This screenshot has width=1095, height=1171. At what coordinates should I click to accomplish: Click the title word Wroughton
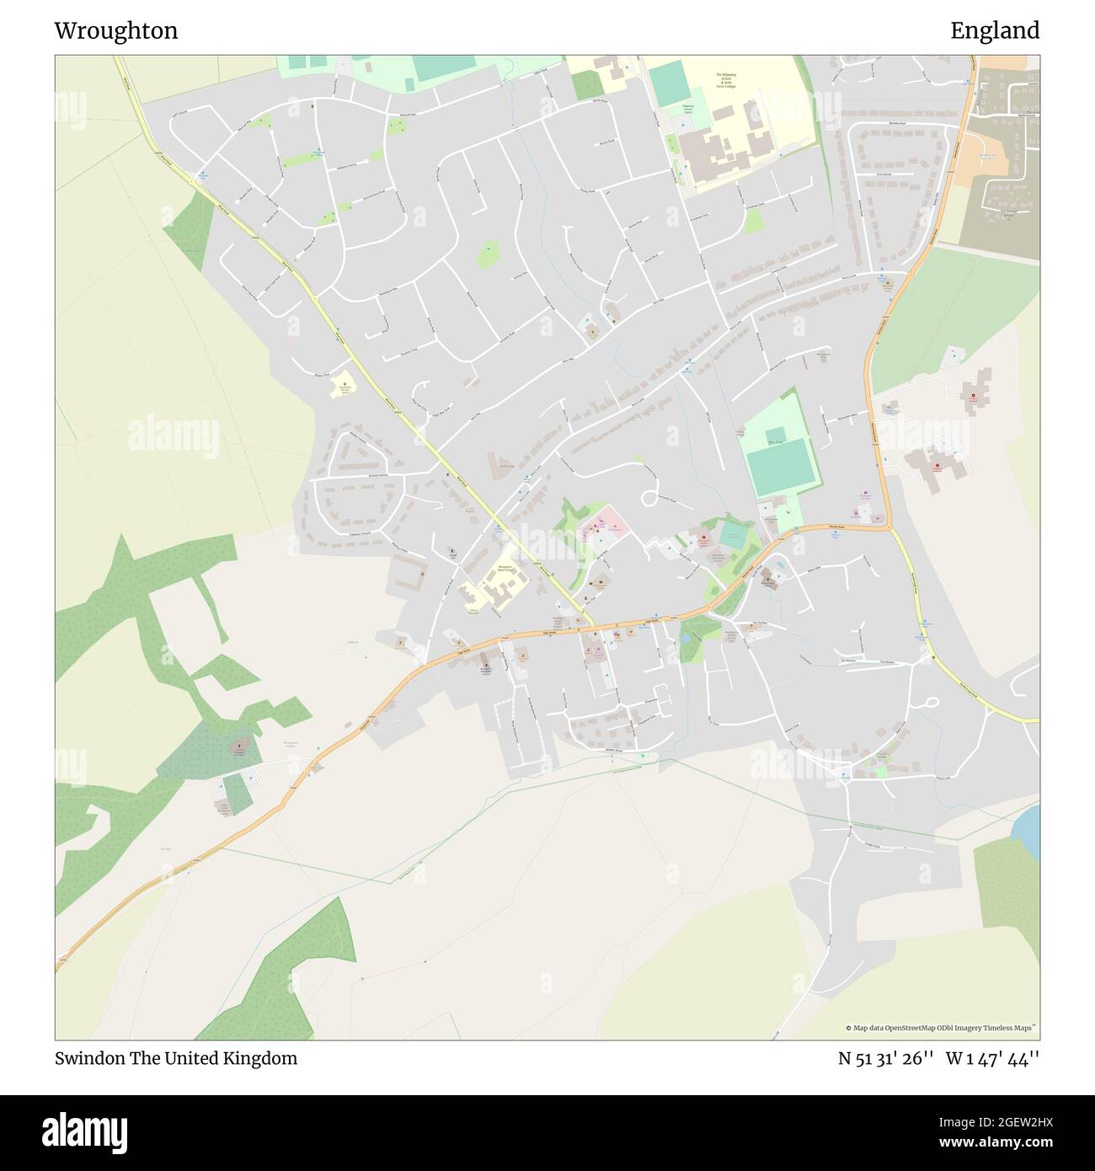pyautogui.click(x=116, y=31)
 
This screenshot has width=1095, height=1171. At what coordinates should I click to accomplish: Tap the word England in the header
pyautogui.click(x=995, y=31)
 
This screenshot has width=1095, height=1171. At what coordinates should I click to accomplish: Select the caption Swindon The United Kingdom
pyautogui.click(x=176, y=1058)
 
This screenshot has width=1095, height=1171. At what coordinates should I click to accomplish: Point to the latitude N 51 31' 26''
pyautogui.click(x=884, y=1058)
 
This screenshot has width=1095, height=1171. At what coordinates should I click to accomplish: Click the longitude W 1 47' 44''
pyautogui.click(x=994, y=1058)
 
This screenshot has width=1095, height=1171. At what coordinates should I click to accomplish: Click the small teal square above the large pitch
pyautogui.click(x=776, y=435)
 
